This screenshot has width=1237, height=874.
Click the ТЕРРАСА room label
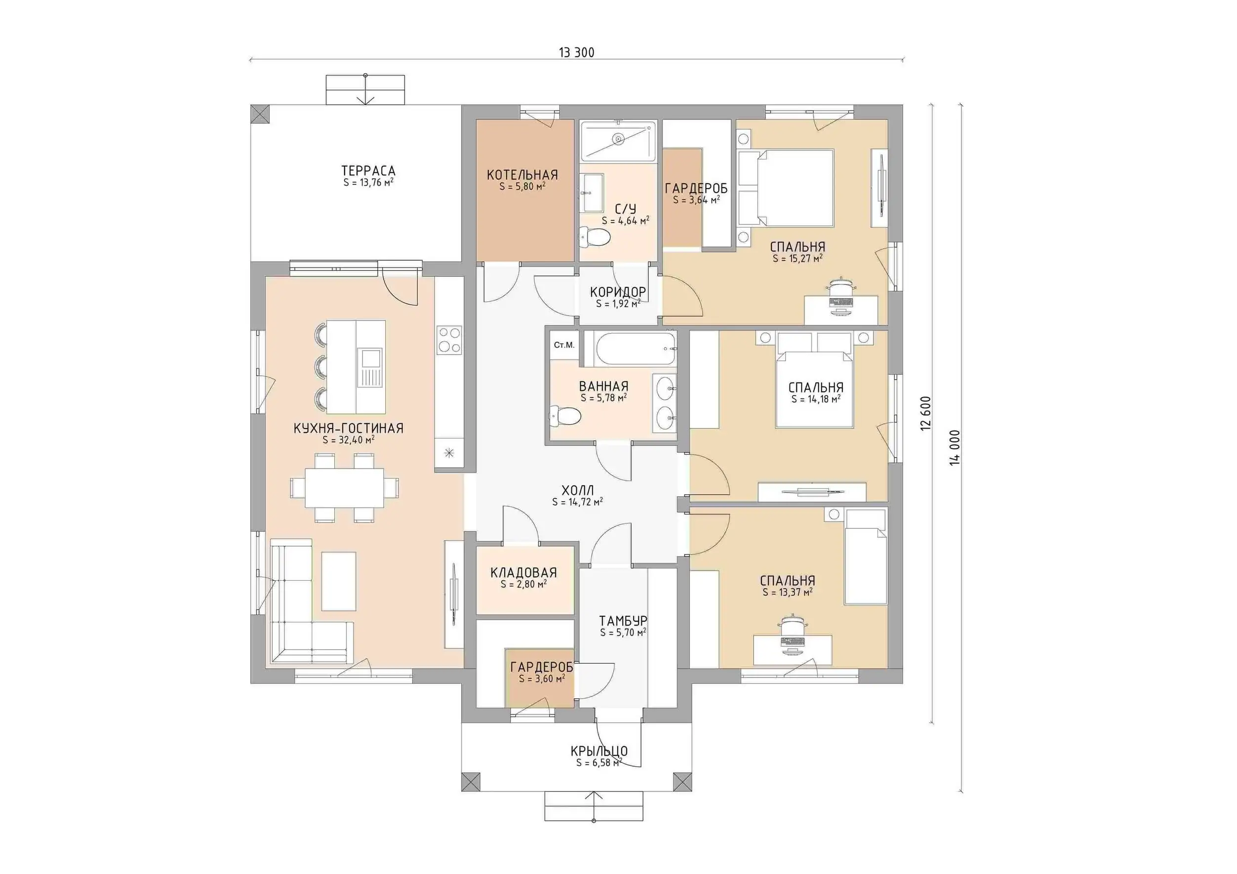click(368, 171)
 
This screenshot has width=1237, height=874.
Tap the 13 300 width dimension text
click(576, 52)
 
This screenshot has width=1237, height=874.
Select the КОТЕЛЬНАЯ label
click(522, 175)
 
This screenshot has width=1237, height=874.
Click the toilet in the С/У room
click(594, 236)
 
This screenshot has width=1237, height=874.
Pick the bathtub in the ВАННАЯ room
click(631, 348)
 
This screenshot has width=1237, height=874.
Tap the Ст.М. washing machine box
click(564, 345)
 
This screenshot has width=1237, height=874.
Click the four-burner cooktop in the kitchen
click(449, 339)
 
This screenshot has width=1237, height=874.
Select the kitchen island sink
click(371, 358)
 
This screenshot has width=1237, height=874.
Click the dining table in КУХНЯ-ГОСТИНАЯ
click(345, 488)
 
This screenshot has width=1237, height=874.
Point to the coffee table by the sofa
click(339, 581)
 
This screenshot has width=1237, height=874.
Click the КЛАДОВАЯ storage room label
click(523, 573)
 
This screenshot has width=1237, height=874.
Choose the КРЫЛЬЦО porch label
click(599, 751)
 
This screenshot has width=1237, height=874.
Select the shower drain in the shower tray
click(618, 140)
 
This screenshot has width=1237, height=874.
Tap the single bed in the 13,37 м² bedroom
click(865, 557)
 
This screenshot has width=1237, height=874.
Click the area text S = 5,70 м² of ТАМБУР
click(623, 633)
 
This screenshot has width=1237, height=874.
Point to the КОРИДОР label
click(618, 292)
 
